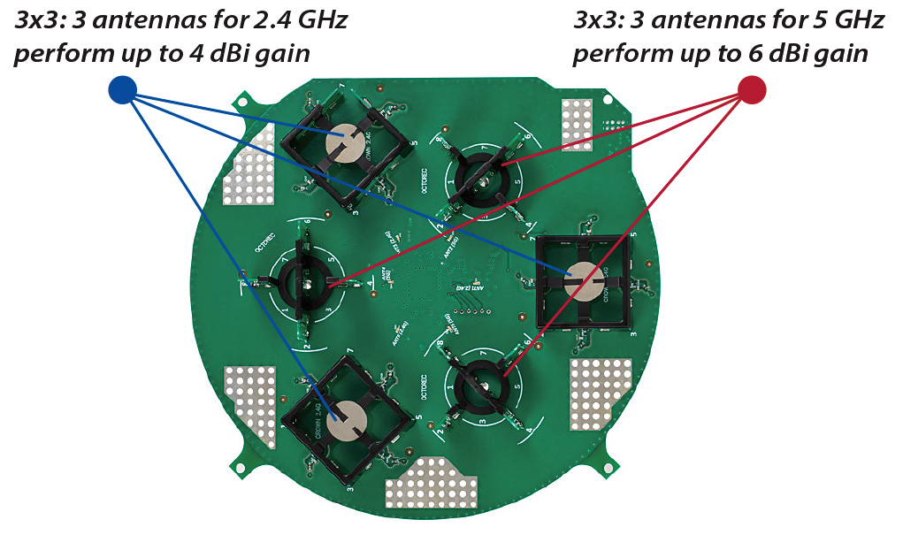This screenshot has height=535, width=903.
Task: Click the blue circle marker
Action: (121, 88)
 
